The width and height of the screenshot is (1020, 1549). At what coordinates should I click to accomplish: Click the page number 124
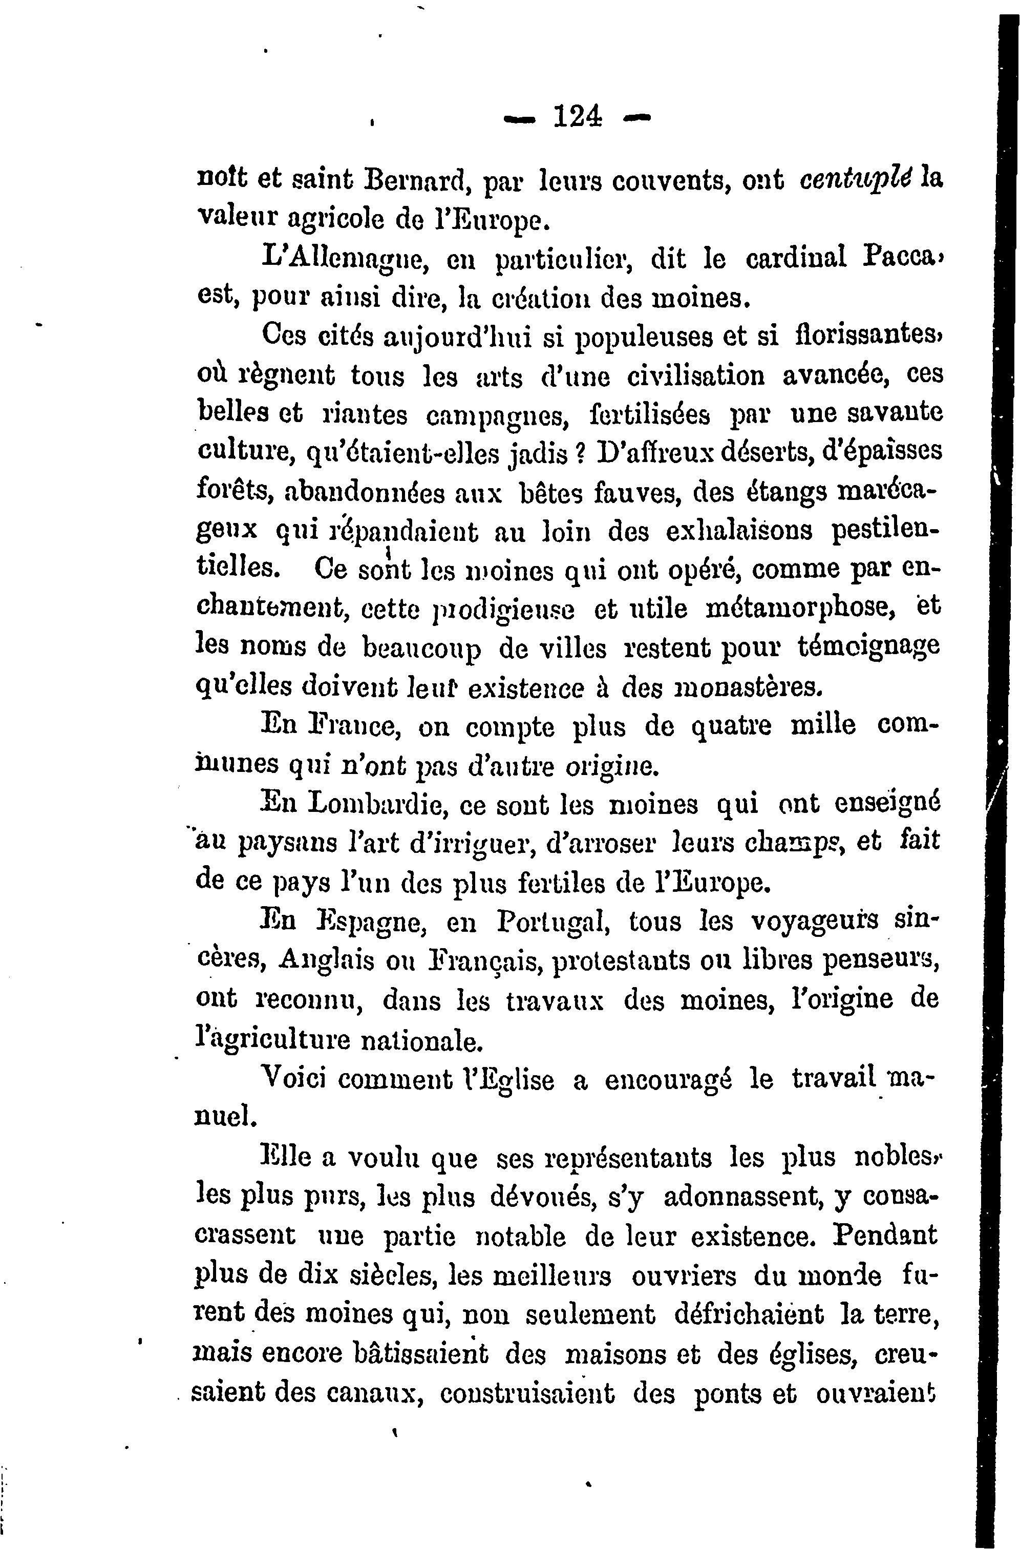pyautogui.click(x=577, y=118)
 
